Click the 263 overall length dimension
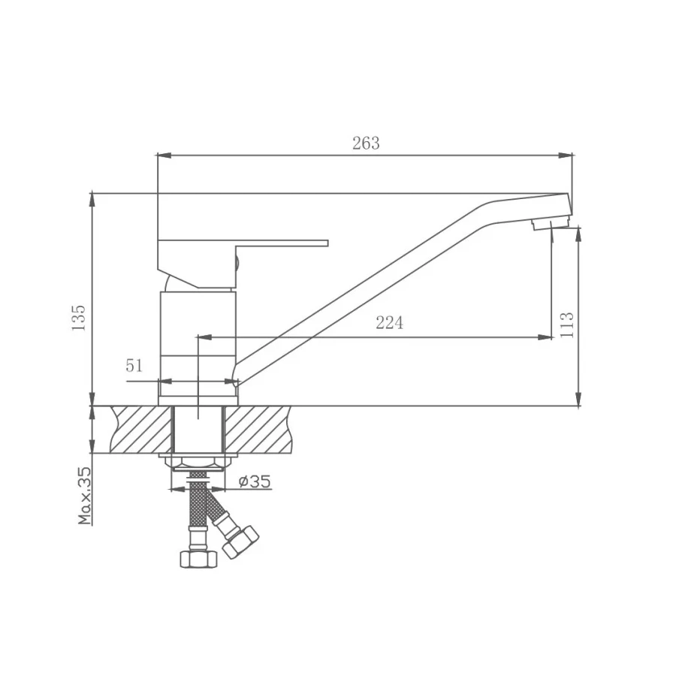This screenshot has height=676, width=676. pyautogui.click(x=366, y=143)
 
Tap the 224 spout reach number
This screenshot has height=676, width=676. pyautogui.click(x=389, y=323)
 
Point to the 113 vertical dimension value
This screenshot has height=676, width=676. pyautogui.click(x=567, y=324)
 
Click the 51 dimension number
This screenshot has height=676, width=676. pyautogui.click(x=134, y=366)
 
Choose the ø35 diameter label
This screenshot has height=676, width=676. pyautogui.click(x=255, y=481)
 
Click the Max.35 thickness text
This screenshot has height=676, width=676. pyautogui.click(x=84, y=495)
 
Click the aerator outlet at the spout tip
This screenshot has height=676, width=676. pyautogui.click(x=548, y=224)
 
